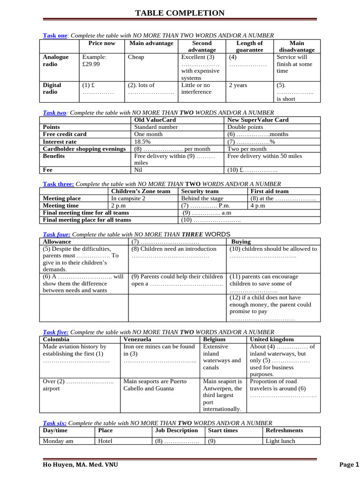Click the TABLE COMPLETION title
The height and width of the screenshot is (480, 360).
(180, 13)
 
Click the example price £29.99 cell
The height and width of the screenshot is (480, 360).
(94, 60)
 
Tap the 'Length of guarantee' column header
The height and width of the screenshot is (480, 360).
(249, 46)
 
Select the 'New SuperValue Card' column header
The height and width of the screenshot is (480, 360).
(258, 120)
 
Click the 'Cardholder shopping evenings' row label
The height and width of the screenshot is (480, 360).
(84, 149)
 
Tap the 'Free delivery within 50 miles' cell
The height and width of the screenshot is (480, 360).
(264, 156)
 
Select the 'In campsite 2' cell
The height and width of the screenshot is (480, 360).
(128, 198)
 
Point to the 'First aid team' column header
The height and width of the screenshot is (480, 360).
(270, 191)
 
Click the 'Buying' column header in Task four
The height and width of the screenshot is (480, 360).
(241, 242)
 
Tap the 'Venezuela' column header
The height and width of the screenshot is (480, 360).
(137, 339)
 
